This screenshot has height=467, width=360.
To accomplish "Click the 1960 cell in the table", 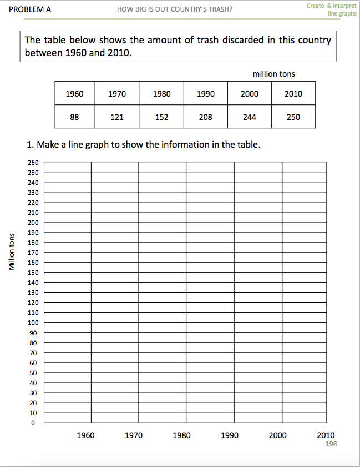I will click(74, 94).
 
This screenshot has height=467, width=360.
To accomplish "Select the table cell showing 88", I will click(74, 117).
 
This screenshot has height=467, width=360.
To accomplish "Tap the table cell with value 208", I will click(205, 117).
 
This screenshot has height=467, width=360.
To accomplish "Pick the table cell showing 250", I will click(293, 117).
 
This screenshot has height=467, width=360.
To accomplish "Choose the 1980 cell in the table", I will click(161, 94).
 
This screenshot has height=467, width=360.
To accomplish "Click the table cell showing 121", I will click(117, 117).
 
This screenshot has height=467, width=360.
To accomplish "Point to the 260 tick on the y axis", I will click(32, 162).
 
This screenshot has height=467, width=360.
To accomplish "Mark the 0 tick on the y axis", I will click(33, 423).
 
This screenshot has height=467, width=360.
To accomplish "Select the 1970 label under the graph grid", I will click(133, 435).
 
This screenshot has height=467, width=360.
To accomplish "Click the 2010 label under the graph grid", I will click(326, 435).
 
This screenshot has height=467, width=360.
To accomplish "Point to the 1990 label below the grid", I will click(230, 435).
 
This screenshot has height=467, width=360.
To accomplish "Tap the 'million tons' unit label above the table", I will click(273, 74).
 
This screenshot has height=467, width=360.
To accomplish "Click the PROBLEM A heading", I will click(31, 9).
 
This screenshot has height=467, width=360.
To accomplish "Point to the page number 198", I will click(331, 444).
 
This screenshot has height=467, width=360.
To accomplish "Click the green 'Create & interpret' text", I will click(331, 5).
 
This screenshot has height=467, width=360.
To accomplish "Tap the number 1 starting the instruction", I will click(29, 145).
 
